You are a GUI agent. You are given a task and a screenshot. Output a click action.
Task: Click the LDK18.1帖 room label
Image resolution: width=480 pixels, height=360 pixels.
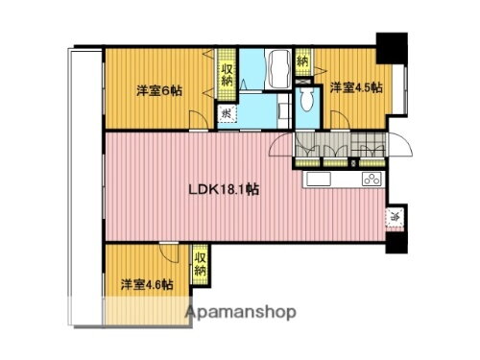point(222,189)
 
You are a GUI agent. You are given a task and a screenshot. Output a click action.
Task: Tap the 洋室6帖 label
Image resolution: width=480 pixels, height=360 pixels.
point(159,90)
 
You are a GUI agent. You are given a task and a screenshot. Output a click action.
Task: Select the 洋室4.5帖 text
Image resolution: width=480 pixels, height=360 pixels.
point(356,87)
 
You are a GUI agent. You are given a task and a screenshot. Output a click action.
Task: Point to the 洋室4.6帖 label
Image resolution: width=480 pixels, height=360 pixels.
point(147,285)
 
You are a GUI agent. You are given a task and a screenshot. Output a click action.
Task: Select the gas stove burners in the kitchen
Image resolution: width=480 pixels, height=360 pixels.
point(372,180)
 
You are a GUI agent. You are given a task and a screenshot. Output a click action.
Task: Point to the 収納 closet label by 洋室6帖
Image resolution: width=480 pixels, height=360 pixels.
point(227,74)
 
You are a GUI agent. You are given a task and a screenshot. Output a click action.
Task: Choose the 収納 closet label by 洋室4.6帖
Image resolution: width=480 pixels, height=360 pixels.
point(200,263)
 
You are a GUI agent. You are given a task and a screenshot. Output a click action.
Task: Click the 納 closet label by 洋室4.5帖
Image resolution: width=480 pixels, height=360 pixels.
point(303,60)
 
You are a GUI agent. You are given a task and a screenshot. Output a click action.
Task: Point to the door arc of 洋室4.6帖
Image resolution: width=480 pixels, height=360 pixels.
point(170,255)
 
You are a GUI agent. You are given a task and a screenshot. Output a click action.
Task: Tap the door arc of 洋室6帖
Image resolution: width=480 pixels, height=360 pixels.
point(197,120)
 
